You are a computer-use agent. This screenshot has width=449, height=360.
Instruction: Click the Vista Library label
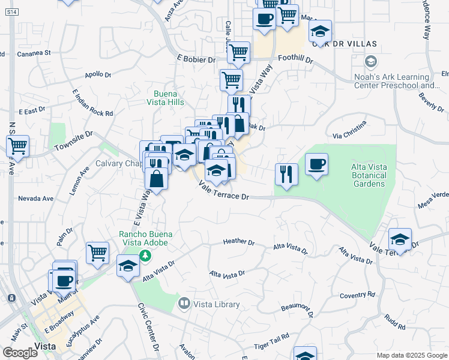[x=216, y=304]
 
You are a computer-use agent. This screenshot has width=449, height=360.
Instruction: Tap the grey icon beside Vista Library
[x=184, y=304]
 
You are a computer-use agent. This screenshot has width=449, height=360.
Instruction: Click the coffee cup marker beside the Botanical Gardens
[x=316, y=164]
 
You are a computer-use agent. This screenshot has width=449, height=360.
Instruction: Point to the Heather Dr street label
[x=238, y=242]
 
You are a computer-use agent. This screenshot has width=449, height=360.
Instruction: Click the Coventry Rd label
[x=357, y=295]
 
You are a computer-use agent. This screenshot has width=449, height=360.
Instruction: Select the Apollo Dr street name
[x=98, y=75]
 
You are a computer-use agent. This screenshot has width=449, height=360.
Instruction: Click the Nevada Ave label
[x=35, y=198]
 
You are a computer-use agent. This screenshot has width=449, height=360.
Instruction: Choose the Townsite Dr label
[x=74, y=142]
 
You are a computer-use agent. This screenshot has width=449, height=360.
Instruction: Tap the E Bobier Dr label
[x=196, y=59]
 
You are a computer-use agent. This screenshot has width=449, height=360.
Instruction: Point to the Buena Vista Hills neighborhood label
[x=169, y=98]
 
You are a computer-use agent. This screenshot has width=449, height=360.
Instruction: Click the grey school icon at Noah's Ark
[x=370, y=62]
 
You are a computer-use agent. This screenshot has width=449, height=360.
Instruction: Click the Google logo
[x=20, y=353]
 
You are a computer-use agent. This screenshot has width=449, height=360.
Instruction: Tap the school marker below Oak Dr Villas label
[x=320, y=31]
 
